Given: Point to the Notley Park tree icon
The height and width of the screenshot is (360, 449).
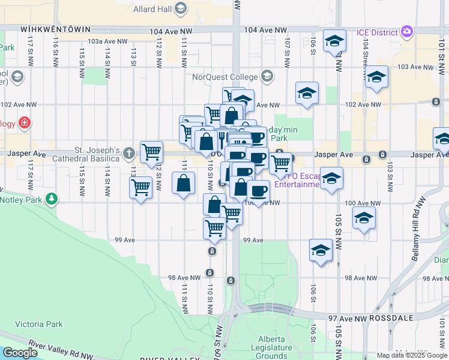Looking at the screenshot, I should [52, 199].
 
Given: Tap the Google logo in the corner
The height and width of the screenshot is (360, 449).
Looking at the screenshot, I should [20, 353].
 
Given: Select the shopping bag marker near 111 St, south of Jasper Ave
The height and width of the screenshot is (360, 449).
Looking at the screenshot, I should [184, 183].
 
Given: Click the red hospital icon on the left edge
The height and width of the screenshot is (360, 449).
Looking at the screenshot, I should [24, 124].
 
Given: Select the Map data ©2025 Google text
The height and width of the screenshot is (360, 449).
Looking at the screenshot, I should [412, 355].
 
